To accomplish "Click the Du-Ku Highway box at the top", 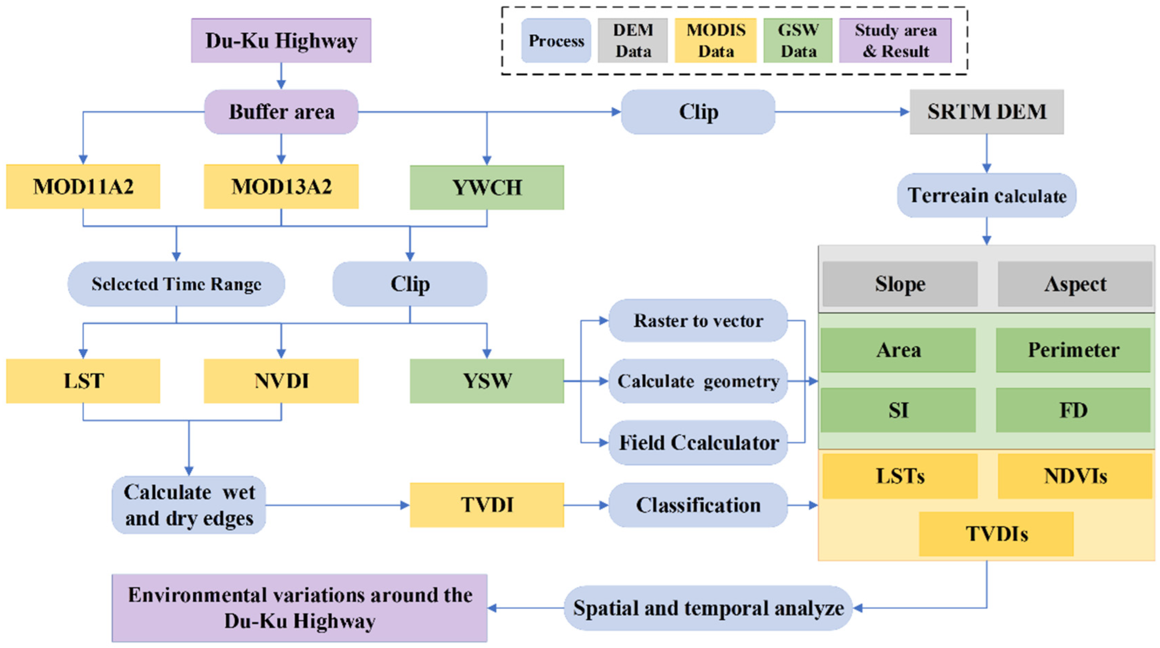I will [x=281, y=41].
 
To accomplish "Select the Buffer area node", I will [x=281, y=112].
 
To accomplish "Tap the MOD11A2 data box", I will [x=83, y=186].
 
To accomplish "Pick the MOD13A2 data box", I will [x=281, y=186].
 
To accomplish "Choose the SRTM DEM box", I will [x=987, y=112].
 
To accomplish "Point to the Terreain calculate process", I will [x=987, y=195].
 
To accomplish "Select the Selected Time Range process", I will [x=176, y=284].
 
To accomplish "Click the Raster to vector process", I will [x=698, y=321].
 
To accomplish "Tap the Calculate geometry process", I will [x=698, y=381].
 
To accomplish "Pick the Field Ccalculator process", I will [x=698, y=443].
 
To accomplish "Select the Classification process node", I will [x=698, y=505].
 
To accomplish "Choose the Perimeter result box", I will [x=1073, y=350].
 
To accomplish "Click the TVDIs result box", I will [x=996, y=534].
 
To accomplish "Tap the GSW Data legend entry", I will [x=798, y=41].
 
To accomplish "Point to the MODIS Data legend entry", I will [x=716, y=41].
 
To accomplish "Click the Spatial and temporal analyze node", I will [x=708, y=608].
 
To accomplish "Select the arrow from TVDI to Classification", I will [x=586, y=505].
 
